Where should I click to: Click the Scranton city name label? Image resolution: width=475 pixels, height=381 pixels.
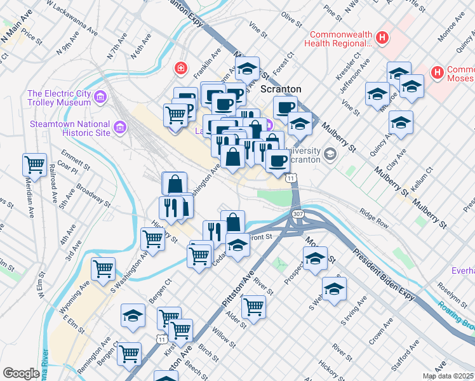pyautogui.click(x=281, y=90)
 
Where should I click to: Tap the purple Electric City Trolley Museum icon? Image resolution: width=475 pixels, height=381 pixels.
pyautogui.click(x=100, y=97)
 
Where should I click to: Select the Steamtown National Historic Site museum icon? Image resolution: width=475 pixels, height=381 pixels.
pyautogui.click(x=119, y=128)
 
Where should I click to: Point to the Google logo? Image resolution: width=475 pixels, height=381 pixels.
pyautogui.click(x=21, y=373)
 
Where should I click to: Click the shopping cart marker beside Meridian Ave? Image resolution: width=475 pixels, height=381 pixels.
pyautogui.click(x=34, y=164)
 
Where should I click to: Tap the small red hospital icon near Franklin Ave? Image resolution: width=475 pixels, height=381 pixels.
pyautogui.click(x=182, y=67)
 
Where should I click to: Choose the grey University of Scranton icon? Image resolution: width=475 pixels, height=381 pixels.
pyautogui.click(x=330, y=154)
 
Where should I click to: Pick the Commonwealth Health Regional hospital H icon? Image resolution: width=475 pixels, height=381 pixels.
pyautogui.click(x=382, y=37)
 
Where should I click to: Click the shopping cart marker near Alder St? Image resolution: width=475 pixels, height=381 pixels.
pyautogui.click(x=253, y=307)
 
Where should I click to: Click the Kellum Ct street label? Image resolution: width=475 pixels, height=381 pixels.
pyautogui.click(x=422, y=178)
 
